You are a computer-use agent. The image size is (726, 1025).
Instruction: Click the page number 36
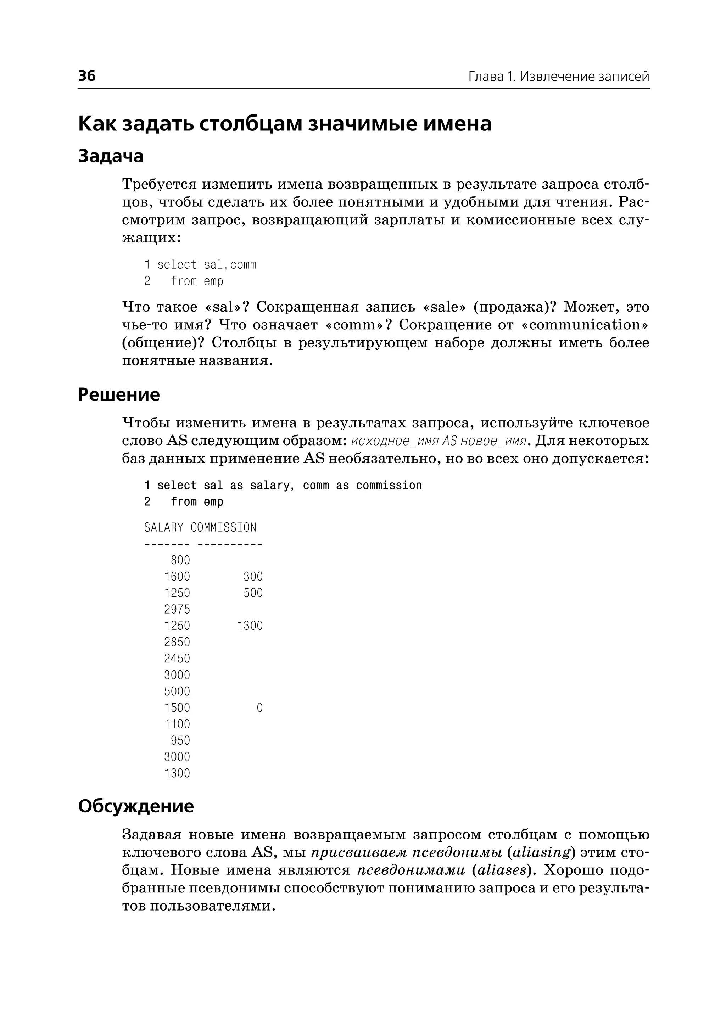(x=87, y=75)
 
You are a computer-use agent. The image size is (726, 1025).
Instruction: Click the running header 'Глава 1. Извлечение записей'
(x=558, y=77)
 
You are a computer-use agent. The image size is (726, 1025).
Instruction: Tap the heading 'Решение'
(x=118, y=395)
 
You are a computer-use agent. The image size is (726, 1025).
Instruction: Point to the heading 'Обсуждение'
(x=135, y=806)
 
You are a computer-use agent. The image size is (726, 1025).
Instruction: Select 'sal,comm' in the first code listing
(x=230, y=265)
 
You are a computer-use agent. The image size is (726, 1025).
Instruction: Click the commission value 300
(x=253, y=577)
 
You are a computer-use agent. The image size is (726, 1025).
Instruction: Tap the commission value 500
(x=253, y=593)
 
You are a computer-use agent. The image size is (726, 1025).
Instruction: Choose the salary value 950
(x=180, y=741)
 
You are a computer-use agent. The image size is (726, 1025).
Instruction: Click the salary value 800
(x=180, y=560)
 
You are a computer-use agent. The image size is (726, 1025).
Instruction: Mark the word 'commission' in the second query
(x=389, y=486)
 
